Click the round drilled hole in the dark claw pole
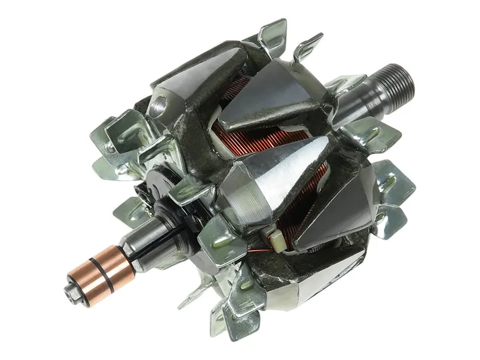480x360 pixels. coord(158,104)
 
